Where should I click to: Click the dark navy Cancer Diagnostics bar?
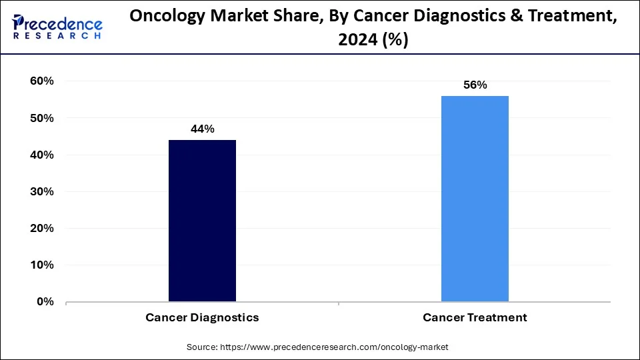click(202, 220)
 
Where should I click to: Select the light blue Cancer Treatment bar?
click(475, 199)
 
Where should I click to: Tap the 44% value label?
click(202, 129)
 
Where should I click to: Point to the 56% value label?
click(475, 85)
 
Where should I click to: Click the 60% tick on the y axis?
click(41, 81)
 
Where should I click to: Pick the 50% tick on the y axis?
click(41, 118)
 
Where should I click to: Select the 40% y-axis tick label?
click(41, 155)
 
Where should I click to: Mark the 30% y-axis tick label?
click(41, 191)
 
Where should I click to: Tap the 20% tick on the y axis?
click(41, 228)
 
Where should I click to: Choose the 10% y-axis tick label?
click(41, 265)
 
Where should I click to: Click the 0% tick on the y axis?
click(45, 301)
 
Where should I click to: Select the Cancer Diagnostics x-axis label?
click(202, 318)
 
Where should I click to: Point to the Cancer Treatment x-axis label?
click(475, 318)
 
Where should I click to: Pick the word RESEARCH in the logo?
click(57, 36)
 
